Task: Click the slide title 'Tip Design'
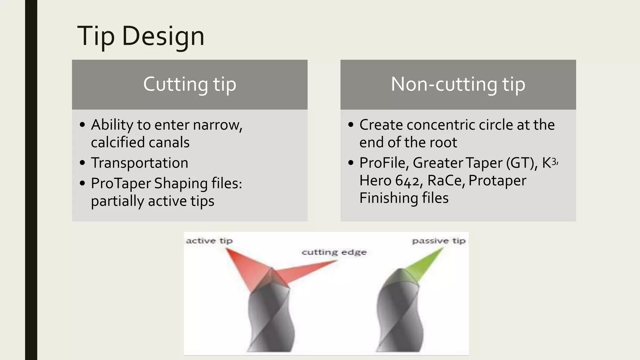click(141, 37)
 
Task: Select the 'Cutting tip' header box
click(190, 84)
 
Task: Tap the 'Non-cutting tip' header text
click(458, 84)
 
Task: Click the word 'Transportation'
click(139, 163)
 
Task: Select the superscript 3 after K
click(554, 162)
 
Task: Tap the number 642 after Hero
click(407, 181)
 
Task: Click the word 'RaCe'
click(445, 181)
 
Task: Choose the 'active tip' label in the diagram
click(209, 241)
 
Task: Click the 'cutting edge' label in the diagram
click(334, 252)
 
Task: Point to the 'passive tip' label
click(438, 241)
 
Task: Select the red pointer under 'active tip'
click(247, 269)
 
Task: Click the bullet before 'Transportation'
click(82, 163)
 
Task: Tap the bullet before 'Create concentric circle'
click(351, 125)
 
